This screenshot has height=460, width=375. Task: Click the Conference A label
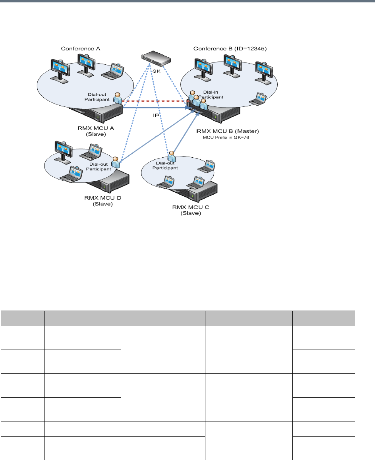(x=80, y=48)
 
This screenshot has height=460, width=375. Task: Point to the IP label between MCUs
(x=156, y=115)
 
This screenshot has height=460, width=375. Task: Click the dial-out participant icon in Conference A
(x=118, y=98)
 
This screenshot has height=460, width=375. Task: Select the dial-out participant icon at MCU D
(x=115, y=161)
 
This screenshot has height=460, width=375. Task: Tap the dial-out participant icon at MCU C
(x=172, y=156)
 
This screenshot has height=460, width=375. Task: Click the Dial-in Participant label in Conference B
(x=210, y=95)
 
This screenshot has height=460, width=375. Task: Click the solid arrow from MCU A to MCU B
(x=155, y=107)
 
